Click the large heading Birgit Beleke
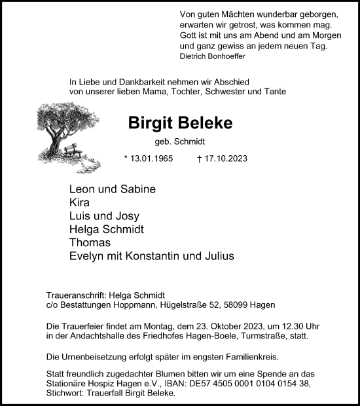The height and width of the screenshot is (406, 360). pyautogui.click(x=171, y=123)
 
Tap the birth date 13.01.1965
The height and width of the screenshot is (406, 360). pyautogui.click(x=149, y=159)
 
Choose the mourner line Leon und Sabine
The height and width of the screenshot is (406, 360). pyautogui.click(x=112, y=189)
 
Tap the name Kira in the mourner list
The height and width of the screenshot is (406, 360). pyautogui.click(x=81, y=202)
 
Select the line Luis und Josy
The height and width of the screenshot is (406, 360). pyautogui.click(x=104, y=216)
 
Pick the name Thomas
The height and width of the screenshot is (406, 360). pyautogui.click(x=90, y=243)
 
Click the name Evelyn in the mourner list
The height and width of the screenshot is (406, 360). pyautogui.click(x=88, y=256)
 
